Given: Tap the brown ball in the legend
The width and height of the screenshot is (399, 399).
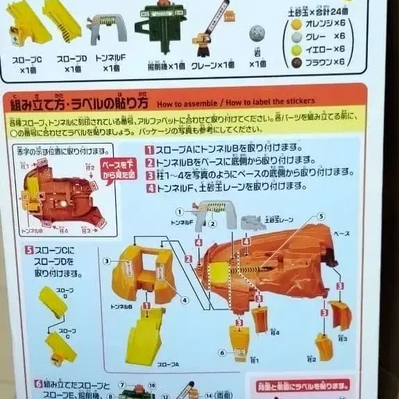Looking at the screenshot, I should tap(296, 62).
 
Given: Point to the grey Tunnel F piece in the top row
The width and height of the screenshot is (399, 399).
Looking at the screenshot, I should tap(109, 26).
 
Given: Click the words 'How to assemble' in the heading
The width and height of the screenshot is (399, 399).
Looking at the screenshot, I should tap(182, 104).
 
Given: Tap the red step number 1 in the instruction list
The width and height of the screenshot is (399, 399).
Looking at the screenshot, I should tap(149, 148).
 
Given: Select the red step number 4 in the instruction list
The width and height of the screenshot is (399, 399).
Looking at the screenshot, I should tap(149, 186).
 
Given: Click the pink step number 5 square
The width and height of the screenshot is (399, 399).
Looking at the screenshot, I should tap(29, 250).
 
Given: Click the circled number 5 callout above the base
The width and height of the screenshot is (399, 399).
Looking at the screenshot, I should tap(320, 216).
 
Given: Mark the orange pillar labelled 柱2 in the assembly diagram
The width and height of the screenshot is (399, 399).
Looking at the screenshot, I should tap(324, 345).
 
